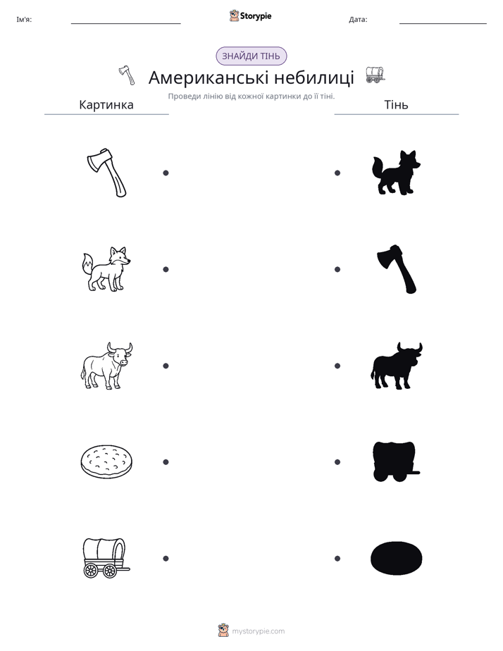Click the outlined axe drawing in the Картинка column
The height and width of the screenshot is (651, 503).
click(x=106, y=173)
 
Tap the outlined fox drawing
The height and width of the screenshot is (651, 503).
click(x=106, y=269)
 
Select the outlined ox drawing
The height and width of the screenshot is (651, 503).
click(x=106, y=366)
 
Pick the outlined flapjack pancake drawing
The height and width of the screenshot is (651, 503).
click(x=106, y=462)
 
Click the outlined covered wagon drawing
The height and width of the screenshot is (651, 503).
click(x=106, y=558)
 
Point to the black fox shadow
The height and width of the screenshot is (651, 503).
click(x=396, y=173)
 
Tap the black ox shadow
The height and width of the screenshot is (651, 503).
click(x=396, y=366)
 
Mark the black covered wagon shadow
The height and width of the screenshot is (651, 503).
click(x=395, y=461)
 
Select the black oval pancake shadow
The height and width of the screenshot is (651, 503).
click(x=396, y=559)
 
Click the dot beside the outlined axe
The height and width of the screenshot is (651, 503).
click(x=166, y=173)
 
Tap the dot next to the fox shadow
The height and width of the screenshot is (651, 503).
click(x=337, y=173)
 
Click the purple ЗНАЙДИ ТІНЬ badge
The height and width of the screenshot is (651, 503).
click(x=251, y=56)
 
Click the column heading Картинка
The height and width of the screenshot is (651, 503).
click(x=106, y=104)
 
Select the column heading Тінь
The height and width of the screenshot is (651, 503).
click(x=397, y=104)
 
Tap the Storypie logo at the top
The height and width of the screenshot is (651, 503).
click(x=250, y=15)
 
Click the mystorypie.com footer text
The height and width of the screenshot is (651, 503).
click(x=258, y=631)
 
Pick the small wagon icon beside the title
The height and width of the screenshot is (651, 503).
click(x=375, y=75)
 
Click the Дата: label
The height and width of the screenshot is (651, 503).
click(x=358, y=20)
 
